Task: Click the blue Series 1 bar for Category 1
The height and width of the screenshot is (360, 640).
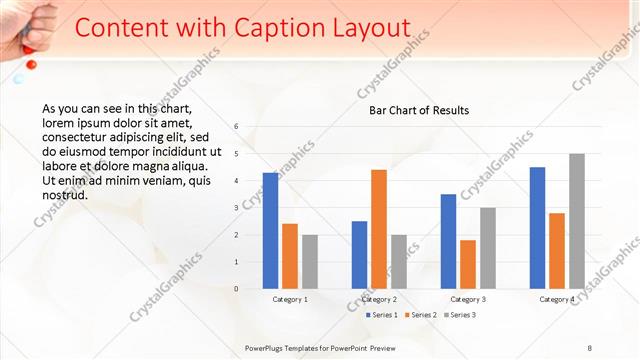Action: point(270,231)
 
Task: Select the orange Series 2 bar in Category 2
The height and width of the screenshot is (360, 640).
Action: point(379,229)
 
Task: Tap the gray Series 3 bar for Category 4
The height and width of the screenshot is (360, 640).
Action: point(577,221)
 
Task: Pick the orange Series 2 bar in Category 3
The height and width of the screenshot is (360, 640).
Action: point(468,264)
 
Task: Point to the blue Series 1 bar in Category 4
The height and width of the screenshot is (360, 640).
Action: point(537,228)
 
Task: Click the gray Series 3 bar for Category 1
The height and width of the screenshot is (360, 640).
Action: point(310,262)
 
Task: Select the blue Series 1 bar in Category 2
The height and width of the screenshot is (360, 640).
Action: point(359,255)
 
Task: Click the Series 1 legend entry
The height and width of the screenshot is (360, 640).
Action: point(382,316)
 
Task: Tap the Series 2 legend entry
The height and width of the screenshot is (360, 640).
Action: point(423,316)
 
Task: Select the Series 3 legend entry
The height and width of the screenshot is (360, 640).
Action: point(462,316)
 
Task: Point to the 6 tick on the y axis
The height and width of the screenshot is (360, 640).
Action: point(236,127)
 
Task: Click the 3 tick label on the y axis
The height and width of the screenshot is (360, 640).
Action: point(236,208)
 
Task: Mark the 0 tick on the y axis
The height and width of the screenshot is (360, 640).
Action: point(236,289)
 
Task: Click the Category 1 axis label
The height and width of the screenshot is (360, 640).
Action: point(290,299)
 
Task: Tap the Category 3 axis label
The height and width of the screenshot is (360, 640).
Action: point(468,299)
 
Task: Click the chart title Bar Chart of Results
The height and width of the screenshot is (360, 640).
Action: point(412,110)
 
